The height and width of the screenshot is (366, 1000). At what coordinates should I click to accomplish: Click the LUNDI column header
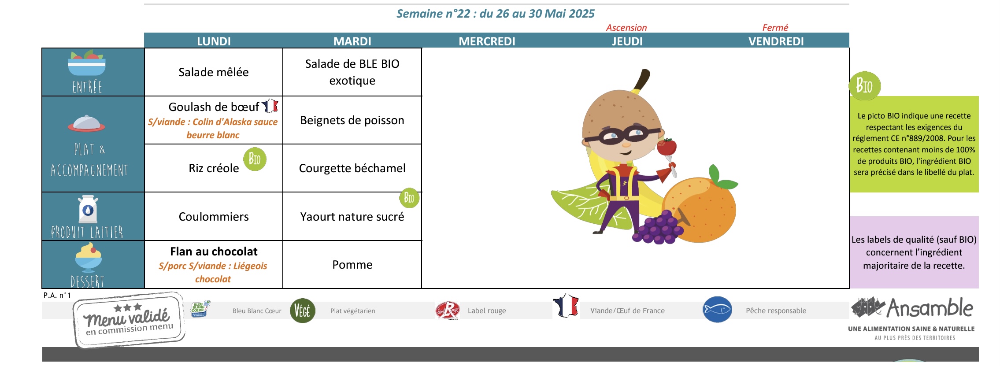point(214,41)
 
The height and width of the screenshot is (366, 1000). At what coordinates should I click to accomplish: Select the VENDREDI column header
point(776,41)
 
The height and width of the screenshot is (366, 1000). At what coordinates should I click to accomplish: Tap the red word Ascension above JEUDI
point(626,28)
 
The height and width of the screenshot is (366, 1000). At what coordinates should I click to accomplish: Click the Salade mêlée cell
point(214,72)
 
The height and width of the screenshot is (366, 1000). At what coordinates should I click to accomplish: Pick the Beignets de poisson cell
point(352,120)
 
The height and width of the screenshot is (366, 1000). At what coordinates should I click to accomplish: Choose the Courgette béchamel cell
point(352,168)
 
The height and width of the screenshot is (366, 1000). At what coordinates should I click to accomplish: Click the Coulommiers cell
point(214,217)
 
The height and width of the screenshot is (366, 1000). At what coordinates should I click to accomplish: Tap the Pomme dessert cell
point(352,265)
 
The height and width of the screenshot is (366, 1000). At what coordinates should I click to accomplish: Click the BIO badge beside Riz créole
point(255,159)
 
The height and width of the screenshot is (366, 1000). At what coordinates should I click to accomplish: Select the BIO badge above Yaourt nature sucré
point(409,198)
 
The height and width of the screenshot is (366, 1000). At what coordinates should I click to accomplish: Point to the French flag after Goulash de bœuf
point(270,106)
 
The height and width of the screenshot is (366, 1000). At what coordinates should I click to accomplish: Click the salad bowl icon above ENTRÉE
point(87,63)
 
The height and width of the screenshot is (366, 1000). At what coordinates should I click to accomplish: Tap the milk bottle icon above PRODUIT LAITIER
point(88,209)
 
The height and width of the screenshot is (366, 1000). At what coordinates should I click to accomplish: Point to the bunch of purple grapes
point(657,228)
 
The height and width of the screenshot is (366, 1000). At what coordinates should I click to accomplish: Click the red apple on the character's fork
point(667,147)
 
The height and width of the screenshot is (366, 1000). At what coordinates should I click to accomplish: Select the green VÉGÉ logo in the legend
point(303,311)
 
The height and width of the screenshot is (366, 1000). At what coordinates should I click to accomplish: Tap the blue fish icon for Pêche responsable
point(717,310)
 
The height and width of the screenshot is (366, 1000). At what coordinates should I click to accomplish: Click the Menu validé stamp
point(129,320)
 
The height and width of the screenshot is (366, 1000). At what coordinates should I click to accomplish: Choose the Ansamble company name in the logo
point(930,308)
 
